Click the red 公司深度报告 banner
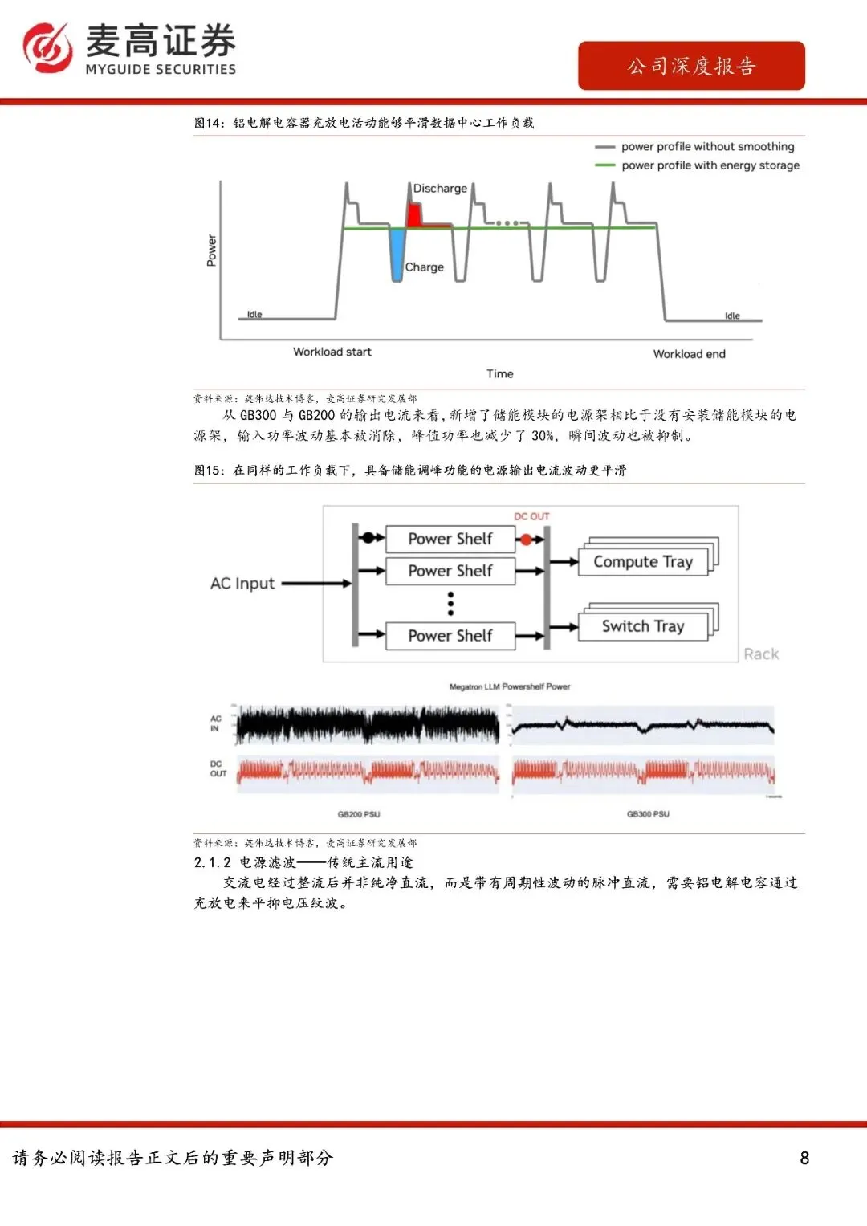point(691,66)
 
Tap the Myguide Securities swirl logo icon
point(47,47)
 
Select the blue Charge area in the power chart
point(397,252)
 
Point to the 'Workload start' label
point(332,352)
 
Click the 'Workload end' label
point(689,354)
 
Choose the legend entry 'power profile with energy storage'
point(710,165)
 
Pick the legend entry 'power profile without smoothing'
point(707,146)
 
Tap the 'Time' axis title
point(499,373)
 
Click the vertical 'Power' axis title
point(211,250)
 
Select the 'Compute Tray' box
point(643,562)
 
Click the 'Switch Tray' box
point(643,626)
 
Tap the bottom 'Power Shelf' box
point(450,636)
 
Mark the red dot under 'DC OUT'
point(526,540)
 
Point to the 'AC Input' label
point(242,584)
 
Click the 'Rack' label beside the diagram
point(761,654)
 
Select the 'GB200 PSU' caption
point(359,814)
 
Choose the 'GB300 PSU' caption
point(648,814)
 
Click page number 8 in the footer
point(804,1158)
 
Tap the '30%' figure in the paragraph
point(543,436)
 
